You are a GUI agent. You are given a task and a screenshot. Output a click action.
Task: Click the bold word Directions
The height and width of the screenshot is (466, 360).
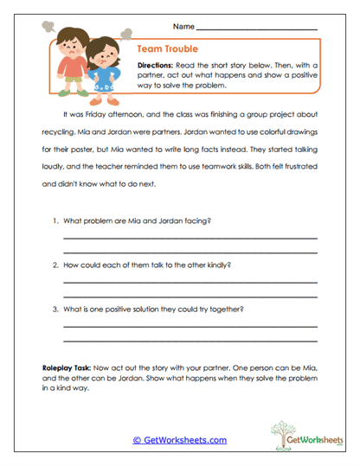point(158,66)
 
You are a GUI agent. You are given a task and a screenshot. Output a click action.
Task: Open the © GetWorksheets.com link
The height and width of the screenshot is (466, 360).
point(179,440)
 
